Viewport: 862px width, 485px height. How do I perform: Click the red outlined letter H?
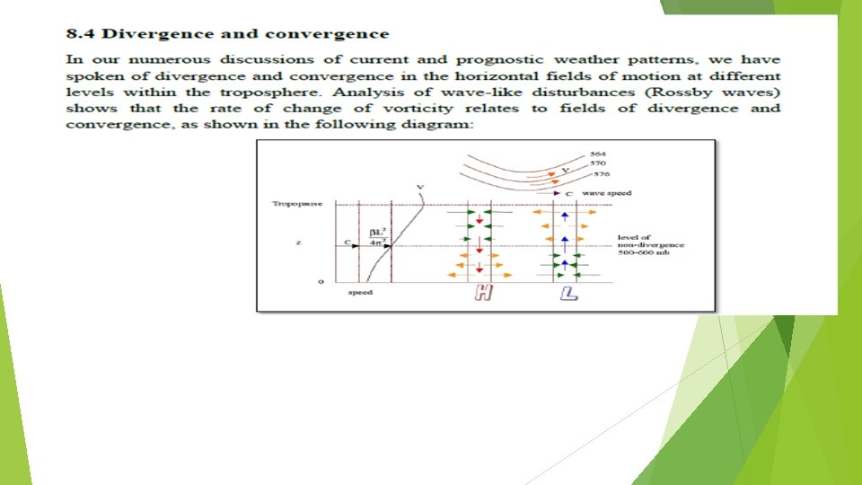(x=482, y=293)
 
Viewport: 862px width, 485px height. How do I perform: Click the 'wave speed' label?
(x=606, y=193)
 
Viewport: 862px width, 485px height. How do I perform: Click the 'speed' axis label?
(x=360, y=293)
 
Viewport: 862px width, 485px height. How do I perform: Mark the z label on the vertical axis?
(x=296, y=243)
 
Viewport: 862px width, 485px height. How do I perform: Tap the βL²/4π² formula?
(x=376, y=237)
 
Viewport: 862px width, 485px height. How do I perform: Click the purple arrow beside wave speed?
(x=558, y=193)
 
